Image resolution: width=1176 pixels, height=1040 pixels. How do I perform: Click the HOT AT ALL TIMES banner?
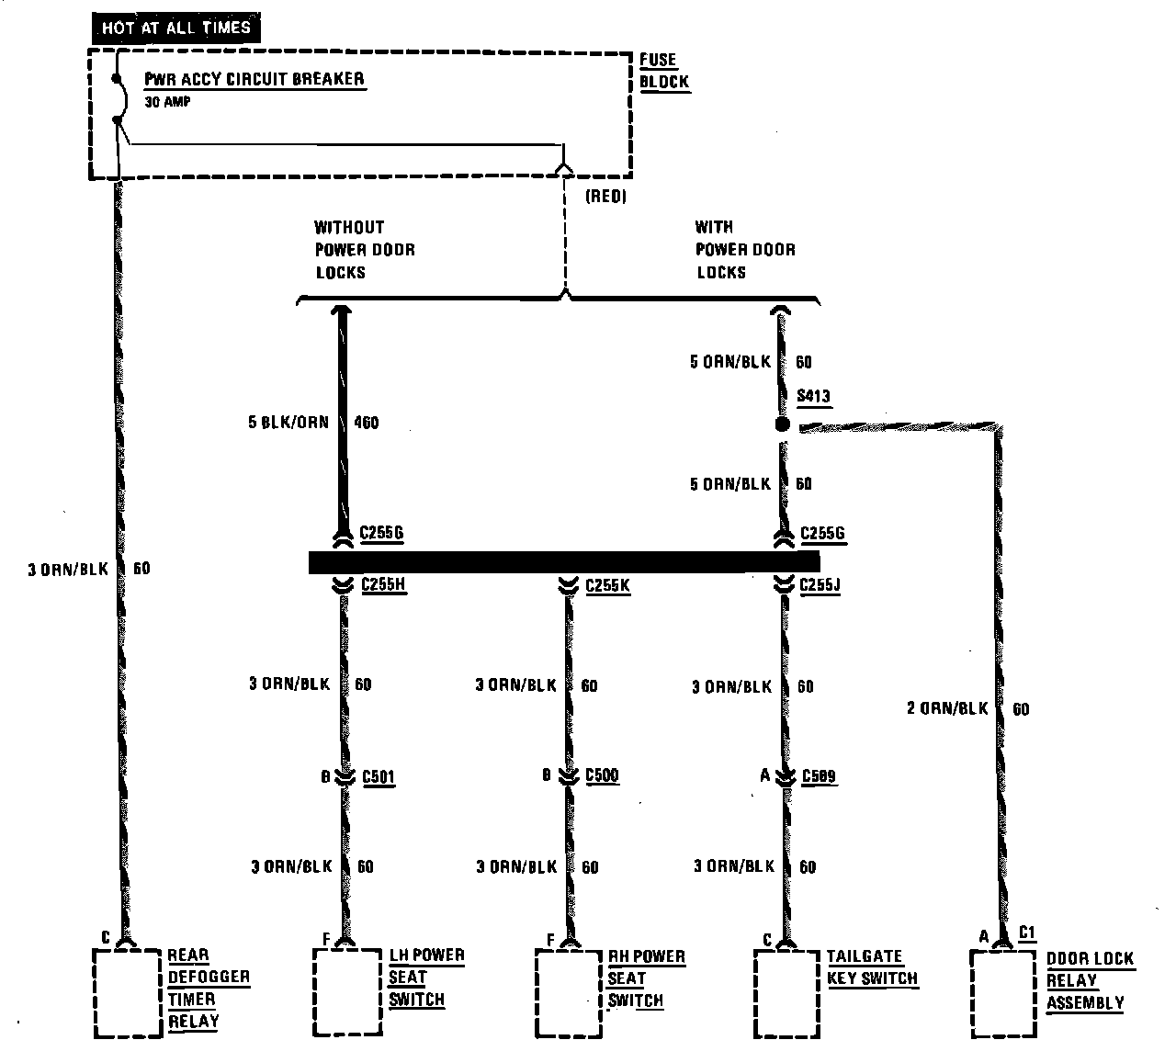click(176, 28)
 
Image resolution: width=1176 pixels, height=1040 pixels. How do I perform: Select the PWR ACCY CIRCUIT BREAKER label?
click(254, 79)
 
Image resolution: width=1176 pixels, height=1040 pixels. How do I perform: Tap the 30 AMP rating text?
click(168, 102)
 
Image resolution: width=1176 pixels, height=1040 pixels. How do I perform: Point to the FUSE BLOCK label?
click(663, 71)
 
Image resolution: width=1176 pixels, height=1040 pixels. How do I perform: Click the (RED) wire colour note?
click(605, 197)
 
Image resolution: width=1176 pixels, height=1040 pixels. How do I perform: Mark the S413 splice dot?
click(783, 424)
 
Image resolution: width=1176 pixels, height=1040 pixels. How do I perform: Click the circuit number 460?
click(367, 424)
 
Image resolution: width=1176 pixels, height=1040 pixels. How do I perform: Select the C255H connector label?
click(383, 584)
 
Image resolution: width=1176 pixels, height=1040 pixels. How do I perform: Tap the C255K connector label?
click(607, 585)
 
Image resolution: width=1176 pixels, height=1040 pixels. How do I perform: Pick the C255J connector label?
click(820, 585)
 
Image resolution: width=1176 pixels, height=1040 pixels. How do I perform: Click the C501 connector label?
click(379, 777)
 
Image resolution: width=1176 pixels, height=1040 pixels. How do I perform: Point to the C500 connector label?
click(602, 776)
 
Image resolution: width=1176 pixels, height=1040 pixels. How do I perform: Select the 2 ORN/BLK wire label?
click(947, 708)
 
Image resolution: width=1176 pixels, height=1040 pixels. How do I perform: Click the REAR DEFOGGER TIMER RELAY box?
click(127, 992)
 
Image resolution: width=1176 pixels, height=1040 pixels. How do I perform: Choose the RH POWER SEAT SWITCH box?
click(568, 992)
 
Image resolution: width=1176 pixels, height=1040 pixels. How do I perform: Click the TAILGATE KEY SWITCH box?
click(786, 992)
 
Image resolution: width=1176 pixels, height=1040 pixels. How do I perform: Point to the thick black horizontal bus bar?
click(563, 562)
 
